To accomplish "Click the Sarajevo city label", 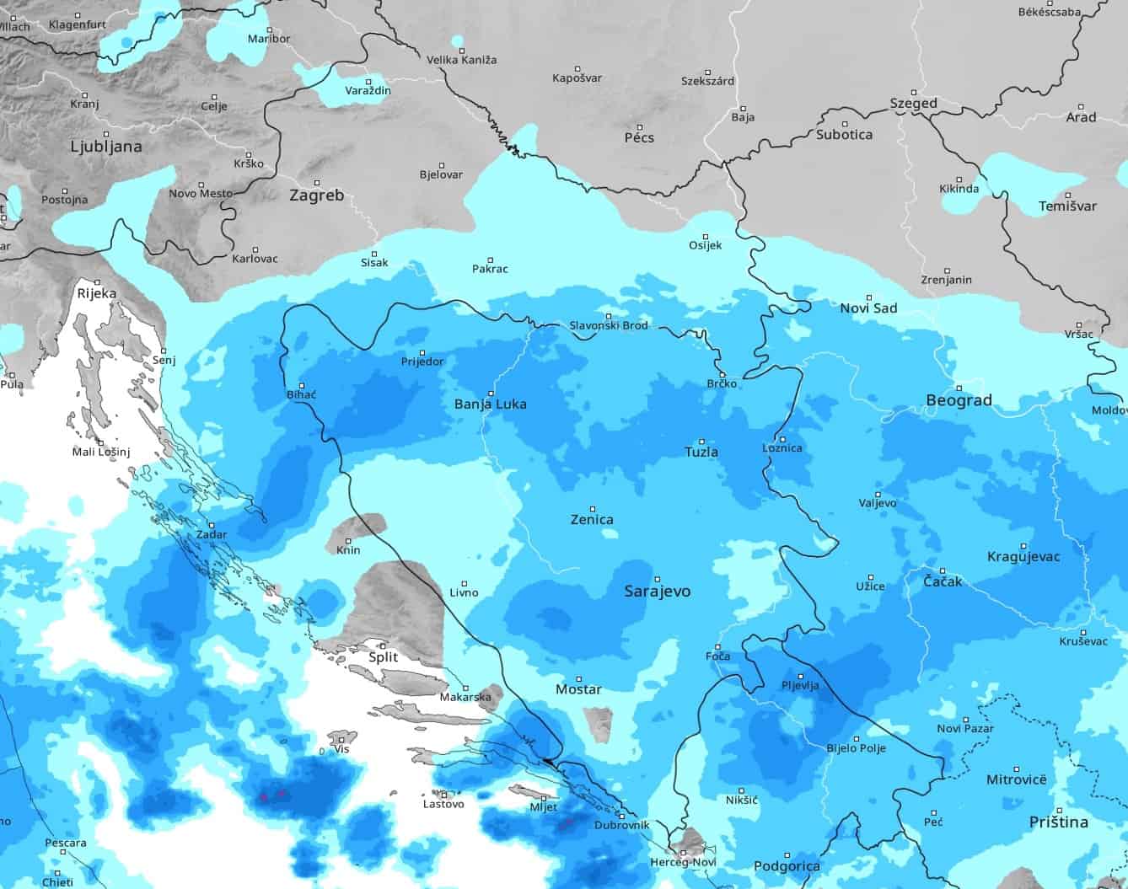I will [x=657, y=591].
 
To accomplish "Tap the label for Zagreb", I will [x=316, y=195].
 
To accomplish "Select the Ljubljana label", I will [x=106, y=147].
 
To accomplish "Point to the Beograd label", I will [x=959, y=400].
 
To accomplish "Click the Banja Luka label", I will [x=490, y=404].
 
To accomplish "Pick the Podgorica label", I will [x=787, y=866].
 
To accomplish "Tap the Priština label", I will [x=1058, y=822].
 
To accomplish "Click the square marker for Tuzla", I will [x=701, y=436].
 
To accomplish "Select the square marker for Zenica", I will [x=593, y=509].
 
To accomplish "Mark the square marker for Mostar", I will [x=579, y=678].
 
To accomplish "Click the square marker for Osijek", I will [x=706, y=237].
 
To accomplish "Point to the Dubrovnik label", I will [x=621, y=826].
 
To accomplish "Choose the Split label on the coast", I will [x=384, y=657].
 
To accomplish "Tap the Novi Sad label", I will [x=868, y=308].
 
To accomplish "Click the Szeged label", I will [x=913, y=104].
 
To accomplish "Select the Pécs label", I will [x=639, y=137].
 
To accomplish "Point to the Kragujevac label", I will [x=1023, y=556].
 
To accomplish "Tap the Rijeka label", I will [x=96, y=294].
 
